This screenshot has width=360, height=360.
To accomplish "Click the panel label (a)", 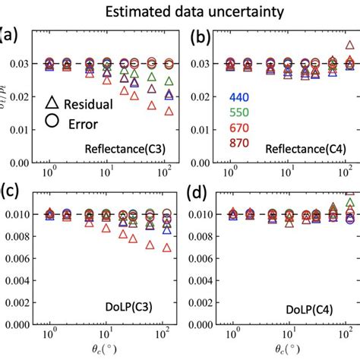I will pos(8,35).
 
